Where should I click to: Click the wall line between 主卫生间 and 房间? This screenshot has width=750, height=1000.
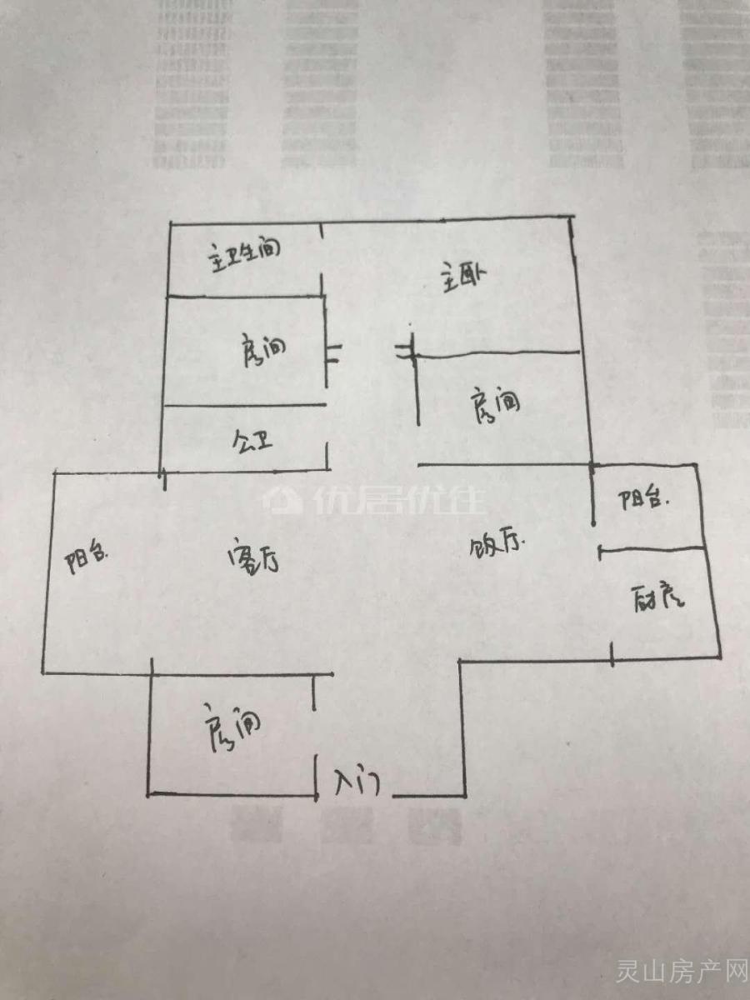click(x=245, y=296)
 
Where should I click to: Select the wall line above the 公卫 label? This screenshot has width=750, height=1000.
click(x=245, y=406)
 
